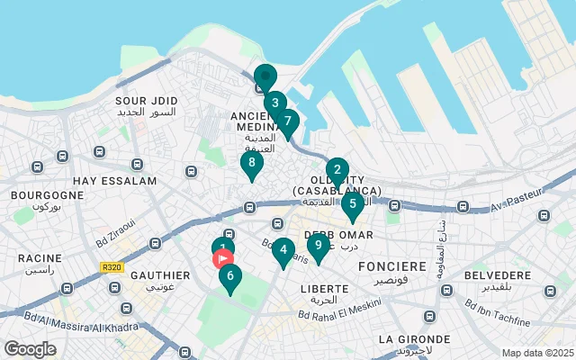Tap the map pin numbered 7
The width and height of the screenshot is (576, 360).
pos(287,121)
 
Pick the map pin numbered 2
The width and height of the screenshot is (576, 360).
pos(337,170)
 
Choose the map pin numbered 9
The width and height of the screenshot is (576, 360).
pos(317,245)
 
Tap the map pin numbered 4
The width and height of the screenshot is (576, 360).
pos(283,250)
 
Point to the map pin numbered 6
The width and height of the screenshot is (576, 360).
pos(229,277)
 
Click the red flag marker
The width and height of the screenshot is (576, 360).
pos(223,259)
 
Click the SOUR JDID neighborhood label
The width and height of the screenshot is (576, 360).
pos(146,100)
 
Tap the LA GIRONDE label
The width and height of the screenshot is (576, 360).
pos(409,339)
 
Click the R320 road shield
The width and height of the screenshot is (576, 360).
pos(112,267)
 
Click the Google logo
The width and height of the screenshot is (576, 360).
pos(30,349)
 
